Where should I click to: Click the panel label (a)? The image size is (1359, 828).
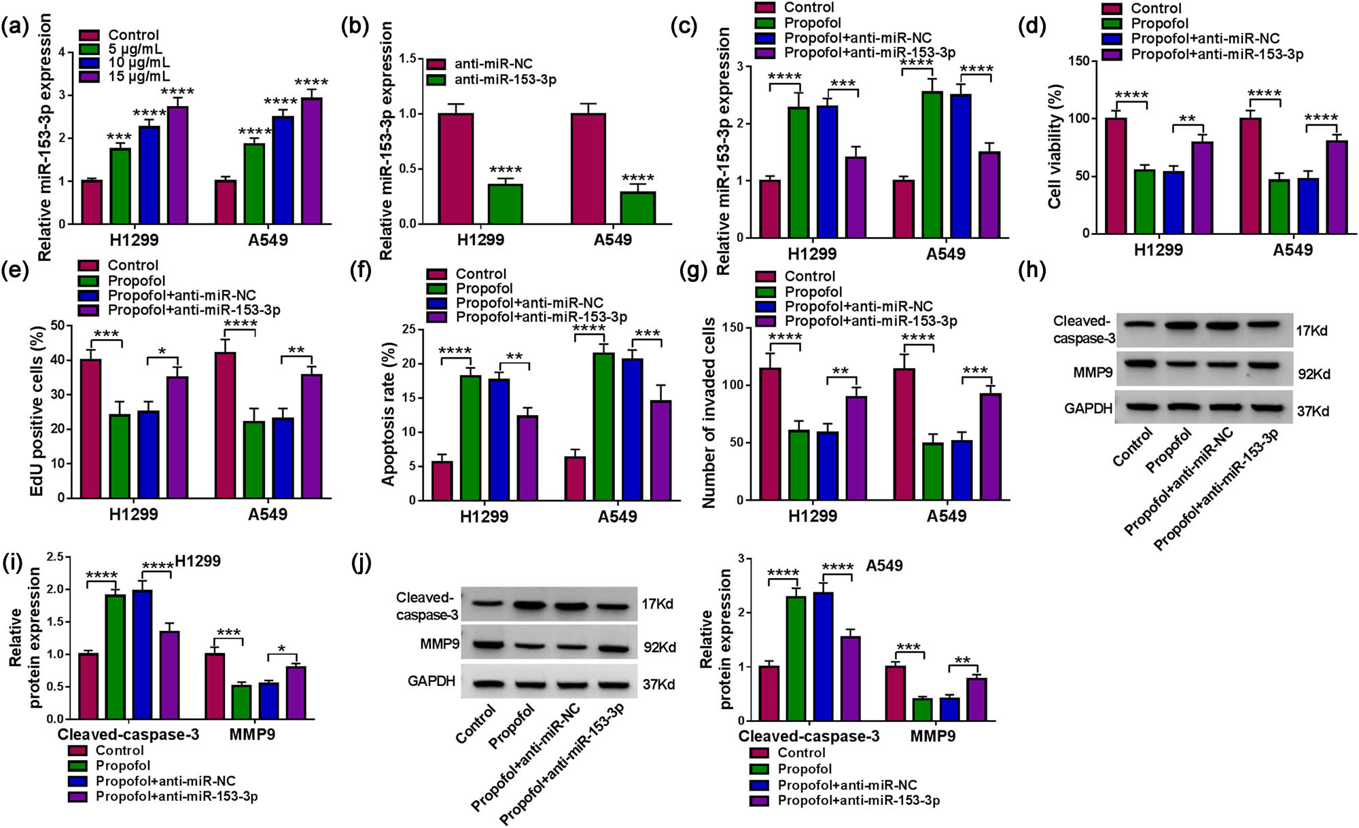click(x=15, y=27)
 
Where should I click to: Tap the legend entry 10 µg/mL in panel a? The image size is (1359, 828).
click(x=139, y=62)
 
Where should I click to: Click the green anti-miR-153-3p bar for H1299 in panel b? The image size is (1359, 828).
click(x=506, y=204)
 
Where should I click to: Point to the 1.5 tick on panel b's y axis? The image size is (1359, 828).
click(x=407, y=59)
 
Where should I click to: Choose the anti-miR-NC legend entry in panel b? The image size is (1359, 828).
click(x=493, y=64)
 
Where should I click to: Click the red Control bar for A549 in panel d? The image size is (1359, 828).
click(x=1250, y=176)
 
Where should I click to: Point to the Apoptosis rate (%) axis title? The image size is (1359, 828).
click(x=388, y=414)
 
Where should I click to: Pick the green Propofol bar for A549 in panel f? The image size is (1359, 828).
click(x=603, y=427)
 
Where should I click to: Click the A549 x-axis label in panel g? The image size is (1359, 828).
click(x=946, y=516)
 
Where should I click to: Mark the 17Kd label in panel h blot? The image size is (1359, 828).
click(x=1311, y=331)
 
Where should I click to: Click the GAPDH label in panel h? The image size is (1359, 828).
click(x=1088, y=408)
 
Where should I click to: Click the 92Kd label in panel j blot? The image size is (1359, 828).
click(x=659, y=647)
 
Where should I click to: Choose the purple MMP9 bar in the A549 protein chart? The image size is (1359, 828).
click(x=976, y=699)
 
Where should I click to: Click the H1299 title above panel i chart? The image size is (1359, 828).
click(x=197, y=561)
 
